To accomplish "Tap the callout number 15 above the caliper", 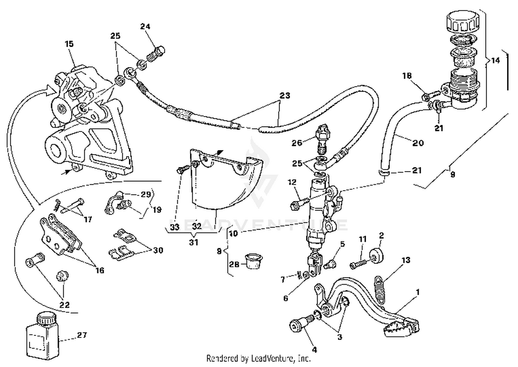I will click(x=69, y=44).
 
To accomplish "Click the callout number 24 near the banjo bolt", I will click(x=145, y=27).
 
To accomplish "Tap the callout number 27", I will click(x=82, y=335).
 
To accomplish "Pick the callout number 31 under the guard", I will click(x=194, y=242).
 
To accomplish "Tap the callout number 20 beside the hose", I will click(x=418, y=143).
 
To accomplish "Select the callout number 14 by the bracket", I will click(x=495, y=60).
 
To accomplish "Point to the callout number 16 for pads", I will click(x=99, y=270).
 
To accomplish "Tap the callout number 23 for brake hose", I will click(x=285, y=95).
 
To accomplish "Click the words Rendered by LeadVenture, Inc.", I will click(x=258, y=358).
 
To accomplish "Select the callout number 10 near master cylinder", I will click(x=233, y=233).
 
